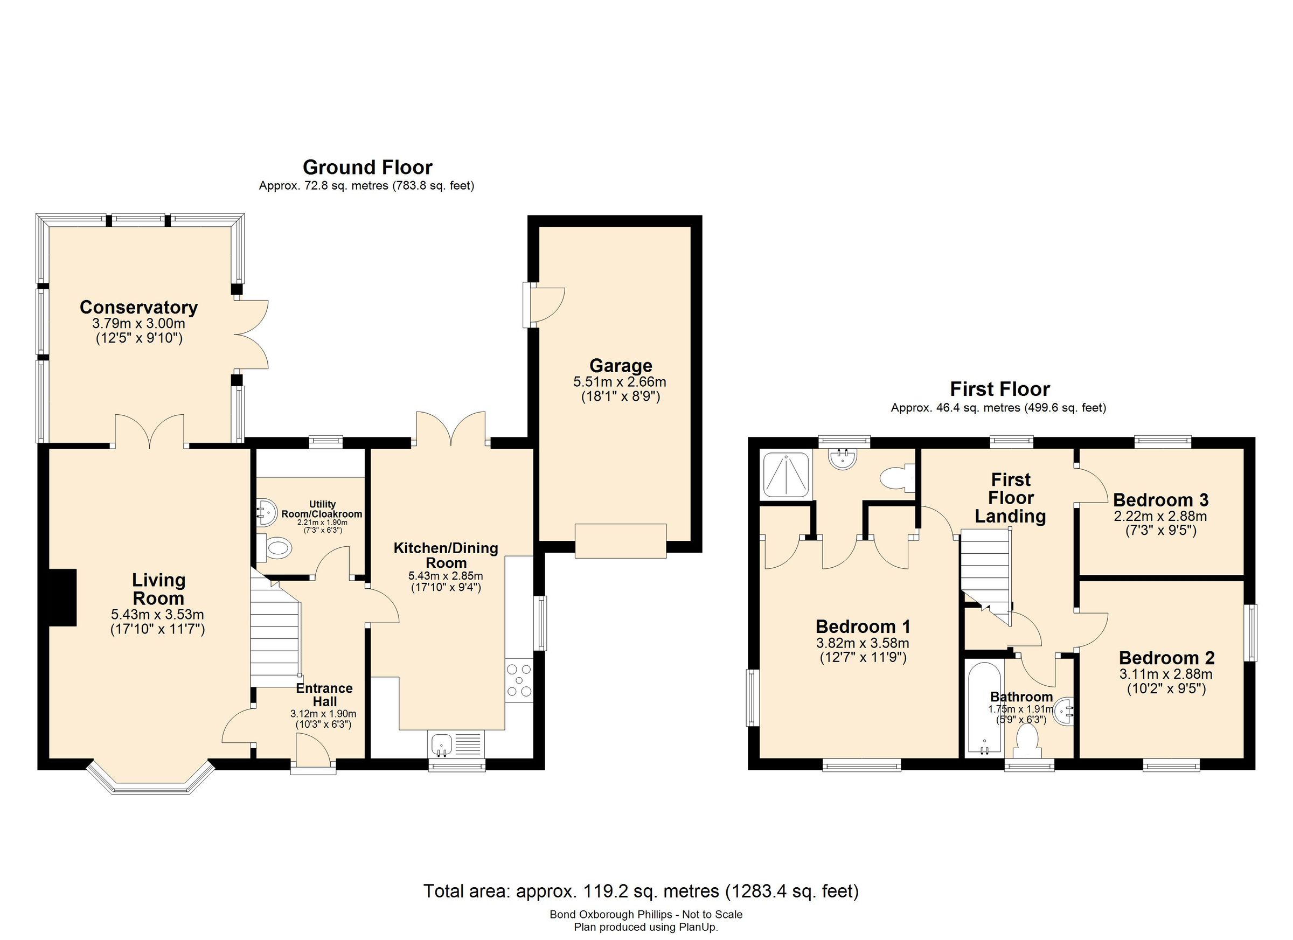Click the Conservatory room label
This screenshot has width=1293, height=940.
pos(138,307)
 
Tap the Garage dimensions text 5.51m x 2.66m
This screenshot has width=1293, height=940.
pos(620,381)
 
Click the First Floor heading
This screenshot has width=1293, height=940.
pos(999,389)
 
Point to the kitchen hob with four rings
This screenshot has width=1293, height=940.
pos(519,680)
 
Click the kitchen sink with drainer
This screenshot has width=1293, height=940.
pos(456,744)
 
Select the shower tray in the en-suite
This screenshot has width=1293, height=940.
pos(785,474)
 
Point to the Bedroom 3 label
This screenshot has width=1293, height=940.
pos(1160,500)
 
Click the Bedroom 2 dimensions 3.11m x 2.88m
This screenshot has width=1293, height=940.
pos(1166,674)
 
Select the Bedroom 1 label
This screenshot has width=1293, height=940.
pos(863,626)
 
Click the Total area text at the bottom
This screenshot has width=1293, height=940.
pos(641,890)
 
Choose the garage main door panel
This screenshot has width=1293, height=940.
pos(620,540)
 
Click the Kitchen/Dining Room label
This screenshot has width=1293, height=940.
pos(446,555)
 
